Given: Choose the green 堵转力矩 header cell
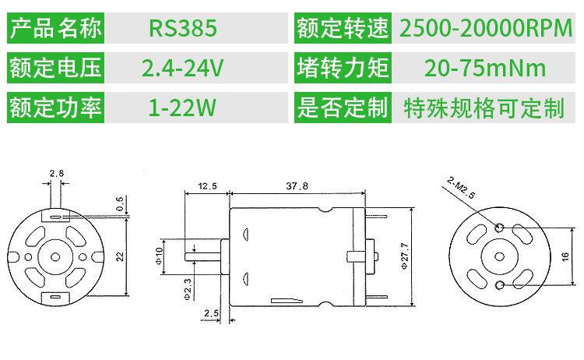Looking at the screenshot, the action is pos(342,68).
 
